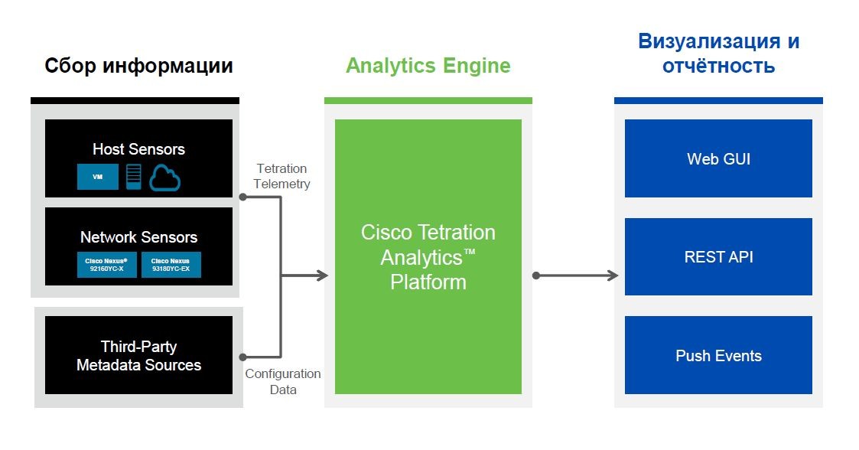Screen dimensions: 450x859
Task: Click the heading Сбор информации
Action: pyautogui.click(x=138, y=66)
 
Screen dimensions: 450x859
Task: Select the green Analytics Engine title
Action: pyautogui.click(x=428, y=66)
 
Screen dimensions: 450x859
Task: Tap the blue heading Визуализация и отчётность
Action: pyautogui.click(x=718, y=54)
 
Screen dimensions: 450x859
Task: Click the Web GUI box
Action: pyautogui.click(x=718, y=158)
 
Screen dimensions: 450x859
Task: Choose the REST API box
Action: pyautogui.click(x=718, y=257)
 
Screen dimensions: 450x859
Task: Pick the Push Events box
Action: pyautogui.click(x=718, y=356)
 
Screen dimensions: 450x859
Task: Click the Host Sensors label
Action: pyautogui.click(x=138, y=149)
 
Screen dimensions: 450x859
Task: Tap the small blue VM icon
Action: pyautogui.click(x=97, y=177)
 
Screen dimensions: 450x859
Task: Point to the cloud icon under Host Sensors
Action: pyautogui.click(x=164, y=177)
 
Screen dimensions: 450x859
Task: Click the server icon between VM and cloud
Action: pyautogui.click(x=134, y=177)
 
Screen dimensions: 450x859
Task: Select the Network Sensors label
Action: pyautogui.click(x=138, y=237)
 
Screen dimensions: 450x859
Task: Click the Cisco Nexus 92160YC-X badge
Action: pyautogui.click(x=106, y=265)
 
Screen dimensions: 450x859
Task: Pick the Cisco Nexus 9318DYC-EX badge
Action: pyautogui.click(x=171, y=265)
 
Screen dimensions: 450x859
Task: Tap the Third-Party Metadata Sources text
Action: pyautogui.click(x=138, y=356)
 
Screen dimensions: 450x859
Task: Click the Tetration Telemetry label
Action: pyautogui.click(x=282, y=176)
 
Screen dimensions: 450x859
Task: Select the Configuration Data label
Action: pyautogui.click(x=282, y=381)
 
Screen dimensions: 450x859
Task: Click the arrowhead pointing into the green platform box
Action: pyautogui.click(x=322, y=276)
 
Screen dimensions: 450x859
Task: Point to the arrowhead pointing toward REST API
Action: pyautogui.click(x=613, y=276)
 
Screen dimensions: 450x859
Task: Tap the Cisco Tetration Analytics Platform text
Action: pyautogui.click(x=428, y=257)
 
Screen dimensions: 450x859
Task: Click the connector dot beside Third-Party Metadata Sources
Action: pyautogui.click(x=242, y=357)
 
